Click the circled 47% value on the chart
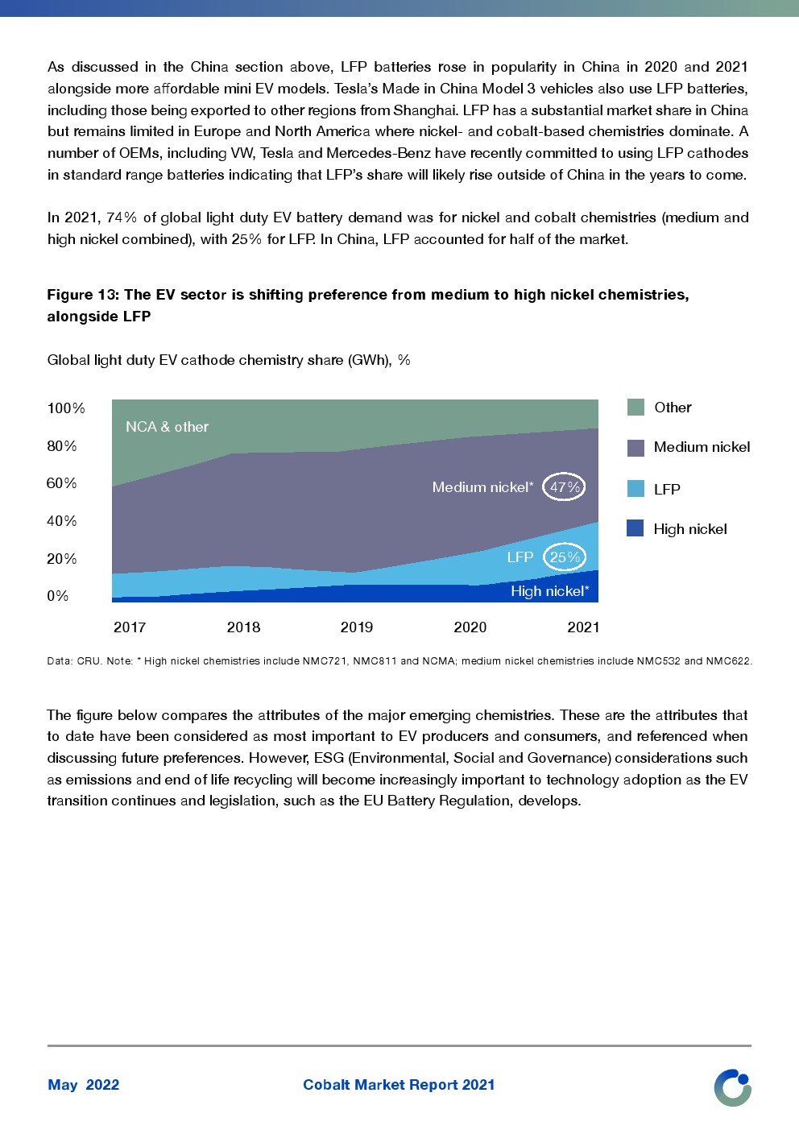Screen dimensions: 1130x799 click(x=564, y=487)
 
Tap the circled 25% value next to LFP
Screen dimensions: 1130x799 click(x=565, y=557)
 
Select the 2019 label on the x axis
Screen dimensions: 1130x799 click(x=357, y=627)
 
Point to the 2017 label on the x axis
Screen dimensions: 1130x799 click(x=130, y=627)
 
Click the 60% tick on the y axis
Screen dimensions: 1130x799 click(x=62, y=483)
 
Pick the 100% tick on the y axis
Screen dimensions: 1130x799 click(x=66, y=408)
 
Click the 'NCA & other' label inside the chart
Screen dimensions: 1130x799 click(x=167, y=427)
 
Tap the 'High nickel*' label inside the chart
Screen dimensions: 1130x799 click(x=549, y=591)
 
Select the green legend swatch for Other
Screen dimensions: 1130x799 click(x=635, y=408)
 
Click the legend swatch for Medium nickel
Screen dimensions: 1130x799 click(x=635, y=448)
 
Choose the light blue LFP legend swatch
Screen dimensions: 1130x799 click(x=635, y=489)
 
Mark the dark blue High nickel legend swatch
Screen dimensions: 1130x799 click(x=635, y=528)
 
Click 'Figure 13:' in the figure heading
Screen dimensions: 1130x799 click(x=83, y=295)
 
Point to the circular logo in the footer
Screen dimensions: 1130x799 click(x=732, y=1087)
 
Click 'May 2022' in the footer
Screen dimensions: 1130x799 click(x=84, y=1085)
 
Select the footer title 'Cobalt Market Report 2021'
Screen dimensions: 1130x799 click(x=399, y=1085)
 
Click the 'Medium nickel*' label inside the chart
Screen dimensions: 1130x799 click(x=482, y=487)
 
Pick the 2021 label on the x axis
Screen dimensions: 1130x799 click(x=583, y=627)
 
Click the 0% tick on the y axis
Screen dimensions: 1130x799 click(x=58, y=596)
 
